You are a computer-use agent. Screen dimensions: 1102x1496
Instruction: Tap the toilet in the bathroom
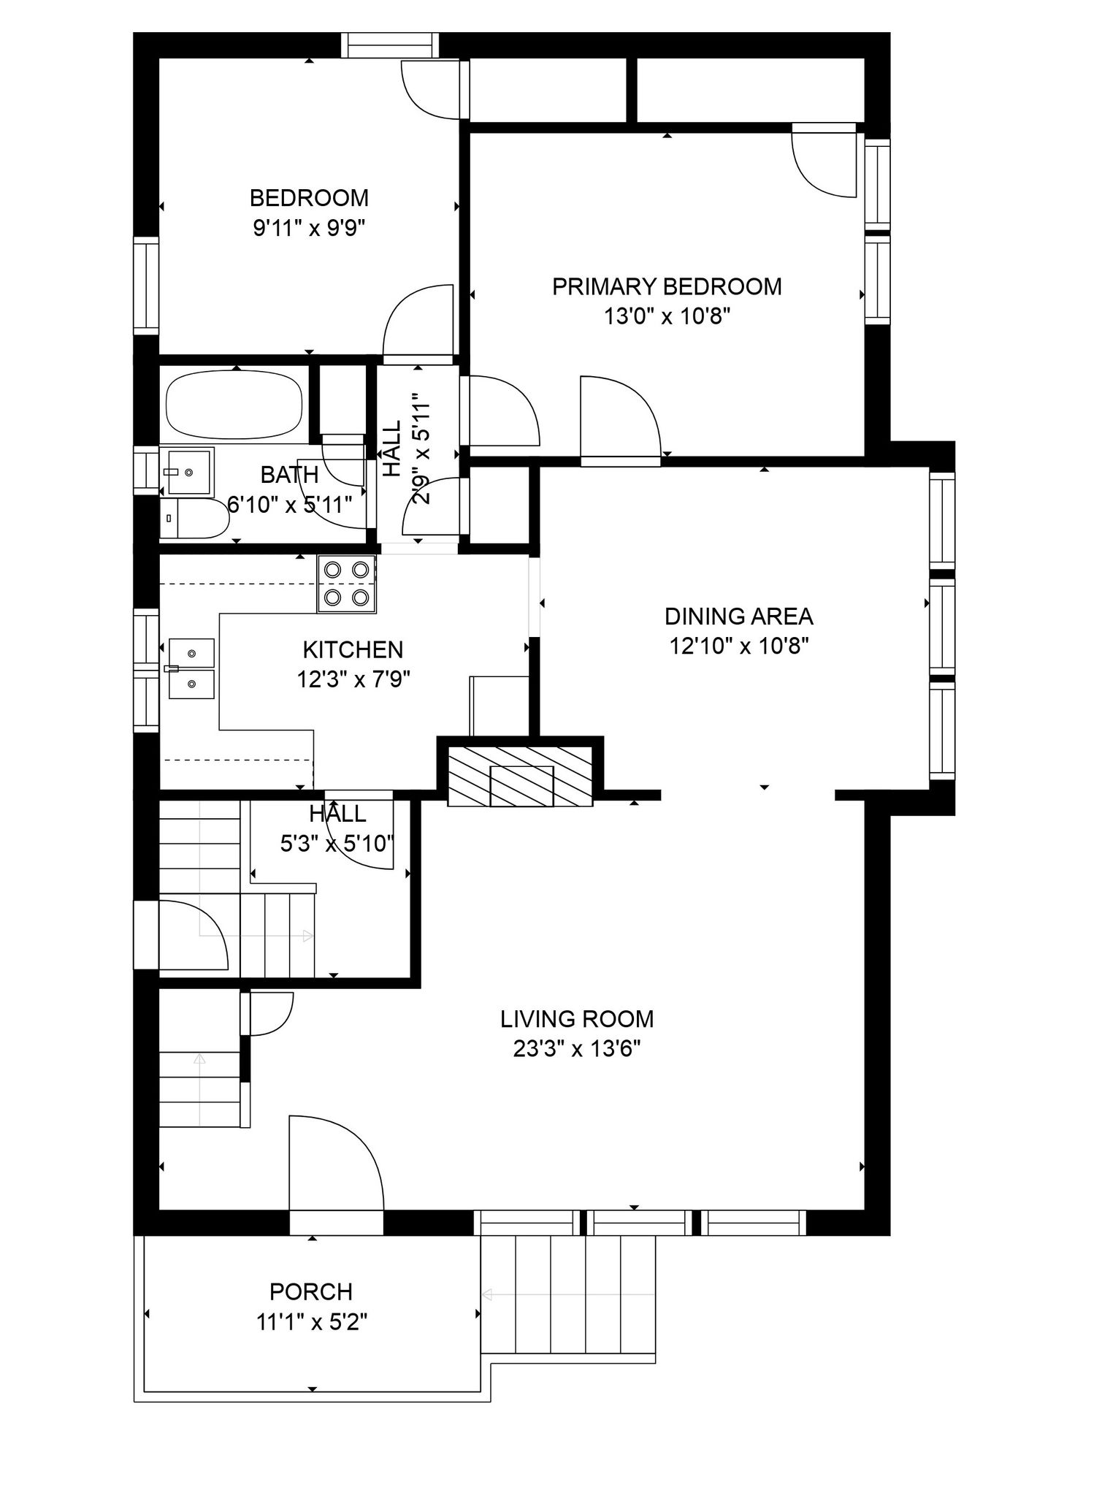(x=194, y=519)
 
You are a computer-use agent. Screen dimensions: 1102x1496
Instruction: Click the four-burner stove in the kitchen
(x=346, y=584)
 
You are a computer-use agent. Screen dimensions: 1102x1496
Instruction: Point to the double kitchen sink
(x=191, y=668)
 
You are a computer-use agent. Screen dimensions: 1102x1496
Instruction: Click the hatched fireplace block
(x=520, y=776)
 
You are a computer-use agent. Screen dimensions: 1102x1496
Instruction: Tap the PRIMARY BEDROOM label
(x=667, y=286)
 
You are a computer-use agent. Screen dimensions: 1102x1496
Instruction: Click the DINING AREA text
(x=738, y=617)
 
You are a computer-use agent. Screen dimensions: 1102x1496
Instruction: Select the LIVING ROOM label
(x=577, y=1018)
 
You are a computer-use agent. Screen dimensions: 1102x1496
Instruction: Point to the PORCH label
(x=311, y=1291)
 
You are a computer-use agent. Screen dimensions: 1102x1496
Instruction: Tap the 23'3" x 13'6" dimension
(x=577, y=1049)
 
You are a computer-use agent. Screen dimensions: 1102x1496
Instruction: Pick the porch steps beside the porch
(x=568, y=1294)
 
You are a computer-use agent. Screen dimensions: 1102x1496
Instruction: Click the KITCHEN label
(x=353, y=649)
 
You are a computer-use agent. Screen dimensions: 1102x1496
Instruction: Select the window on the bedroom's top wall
(x=391, y=45)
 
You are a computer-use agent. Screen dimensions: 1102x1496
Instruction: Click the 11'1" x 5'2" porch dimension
(x=312, y=1322)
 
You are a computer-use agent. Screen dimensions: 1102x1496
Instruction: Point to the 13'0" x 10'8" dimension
(x=667, y=317)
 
